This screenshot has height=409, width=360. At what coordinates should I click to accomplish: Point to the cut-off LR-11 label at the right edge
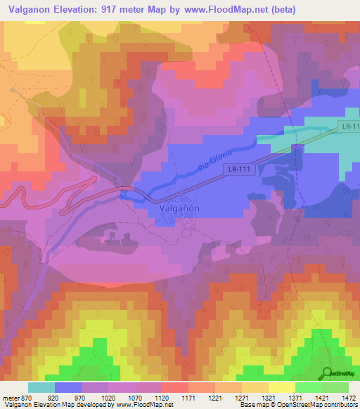349,126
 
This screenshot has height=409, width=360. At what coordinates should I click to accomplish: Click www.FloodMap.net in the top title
226,9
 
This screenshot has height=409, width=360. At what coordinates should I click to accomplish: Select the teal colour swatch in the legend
41,387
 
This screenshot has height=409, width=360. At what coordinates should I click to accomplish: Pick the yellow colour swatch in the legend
281,387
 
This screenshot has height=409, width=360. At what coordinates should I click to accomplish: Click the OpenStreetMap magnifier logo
327,372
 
